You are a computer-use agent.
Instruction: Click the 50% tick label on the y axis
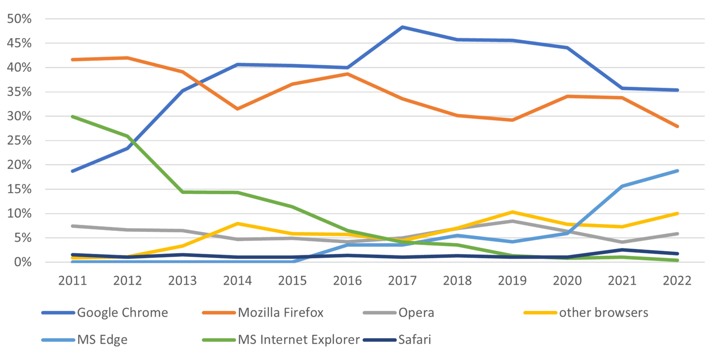(19, 19)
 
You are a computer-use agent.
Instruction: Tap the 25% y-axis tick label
(19, 141)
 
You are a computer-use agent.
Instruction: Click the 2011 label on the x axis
(72, 280)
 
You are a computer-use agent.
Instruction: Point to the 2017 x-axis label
(402, 280)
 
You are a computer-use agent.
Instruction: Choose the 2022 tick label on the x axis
(677, 280)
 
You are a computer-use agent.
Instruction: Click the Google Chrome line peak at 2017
(402, 27)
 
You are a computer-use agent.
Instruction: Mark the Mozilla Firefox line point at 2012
(128, 58)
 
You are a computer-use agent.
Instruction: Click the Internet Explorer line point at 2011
(72, 117)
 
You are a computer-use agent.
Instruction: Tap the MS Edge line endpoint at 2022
(677, 170)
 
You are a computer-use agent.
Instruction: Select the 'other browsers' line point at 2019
(512, 212)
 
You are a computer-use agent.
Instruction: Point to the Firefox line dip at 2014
(238, 109)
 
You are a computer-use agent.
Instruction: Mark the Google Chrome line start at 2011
(72, 171)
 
